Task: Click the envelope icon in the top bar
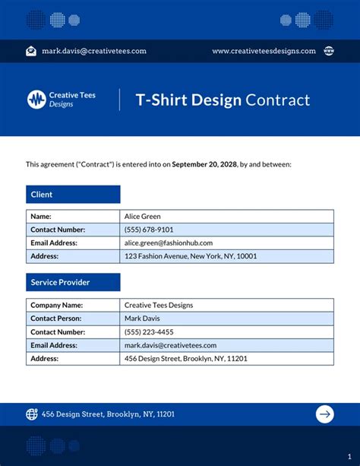coord(31,51)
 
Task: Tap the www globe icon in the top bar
coord(329,51)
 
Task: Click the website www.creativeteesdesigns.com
coord(264,51)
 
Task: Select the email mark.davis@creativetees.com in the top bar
coord(94,51)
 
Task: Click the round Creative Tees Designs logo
coord(36,99)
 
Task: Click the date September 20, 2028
coord(204,163)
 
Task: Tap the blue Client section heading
coord(73,195)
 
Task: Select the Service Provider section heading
coord(73,282)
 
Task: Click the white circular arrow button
coord(325,414)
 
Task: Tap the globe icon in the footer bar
coord(32,414)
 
